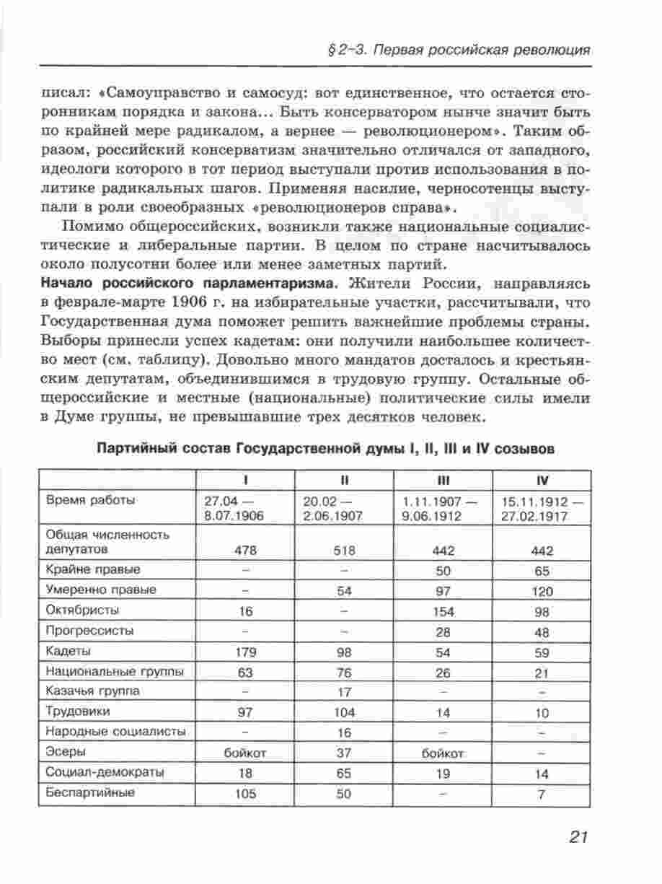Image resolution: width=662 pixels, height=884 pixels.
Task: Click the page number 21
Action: coord(578,837)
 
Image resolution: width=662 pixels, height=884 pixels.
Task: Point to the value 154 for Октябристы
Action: coord(443,612)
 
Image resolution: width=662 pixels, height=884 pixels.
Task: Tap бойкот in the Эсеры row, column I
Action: coord(245,753)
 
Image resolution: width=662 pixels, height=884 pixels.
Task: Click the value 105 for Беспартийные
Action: coord(245,794)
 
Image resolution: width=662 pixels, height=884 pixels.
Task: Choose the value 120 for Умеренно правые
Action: coord(542,592)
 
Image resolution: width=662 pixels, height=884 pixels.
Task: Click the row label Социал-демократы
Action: coord(105,772)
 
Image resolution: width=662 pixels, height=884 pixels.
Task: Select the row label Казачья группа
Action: coord(92,691)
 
